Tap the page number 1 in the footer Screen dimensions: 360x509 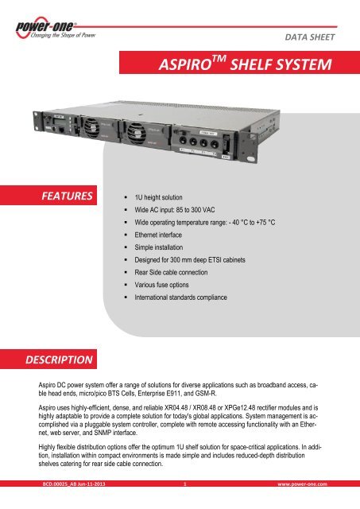pyautogui.click(x=184, y=503)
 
